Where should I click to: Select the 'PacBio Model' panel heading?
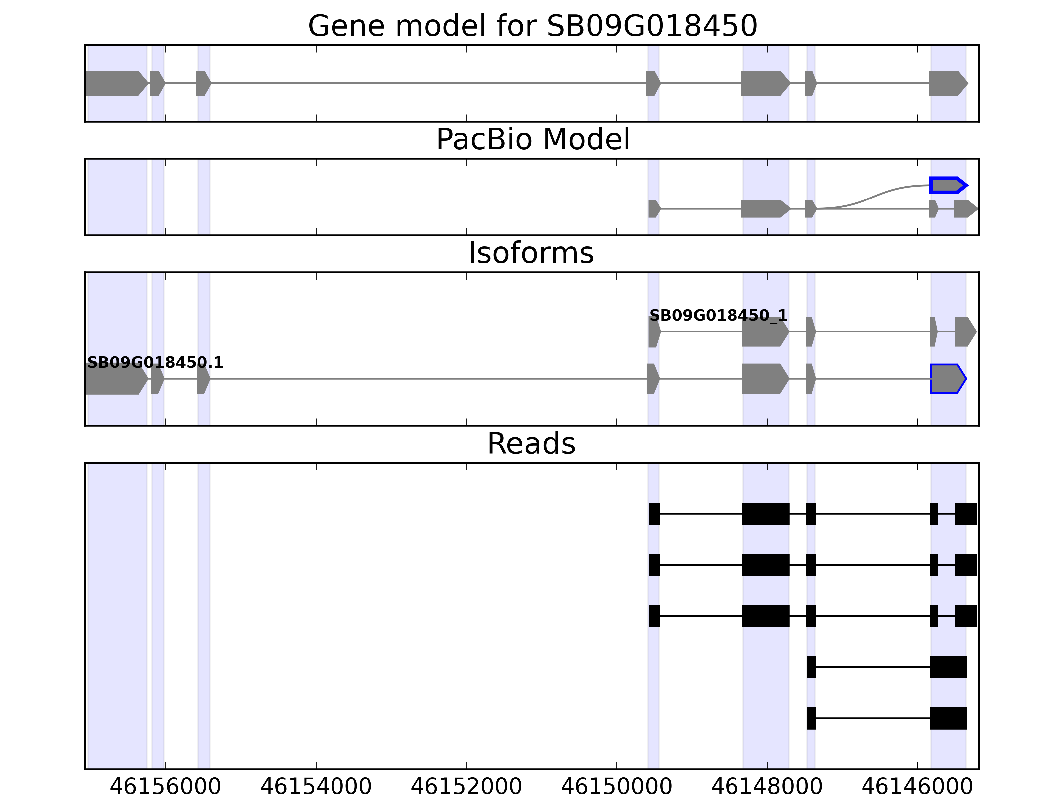click(x=532, y=140)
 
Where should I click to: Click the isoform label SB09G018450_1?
click(x=718, y=316)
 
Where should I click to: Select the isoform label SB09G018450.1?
click(x=155, y=363)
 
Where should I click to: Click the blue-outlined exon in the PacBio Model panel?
click(x=947, y=185)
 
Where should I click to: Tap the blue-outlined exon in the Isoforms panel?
click(x=947, y=379)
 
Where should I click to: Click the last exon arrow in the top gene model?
click(x=947, y=83)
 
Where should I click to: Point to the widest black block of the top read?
click(x=765, y=514)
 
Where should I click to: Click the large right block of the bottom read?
click(x=948, y=718)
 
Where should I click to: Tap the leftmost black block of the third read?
click(x=654, y=616)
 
